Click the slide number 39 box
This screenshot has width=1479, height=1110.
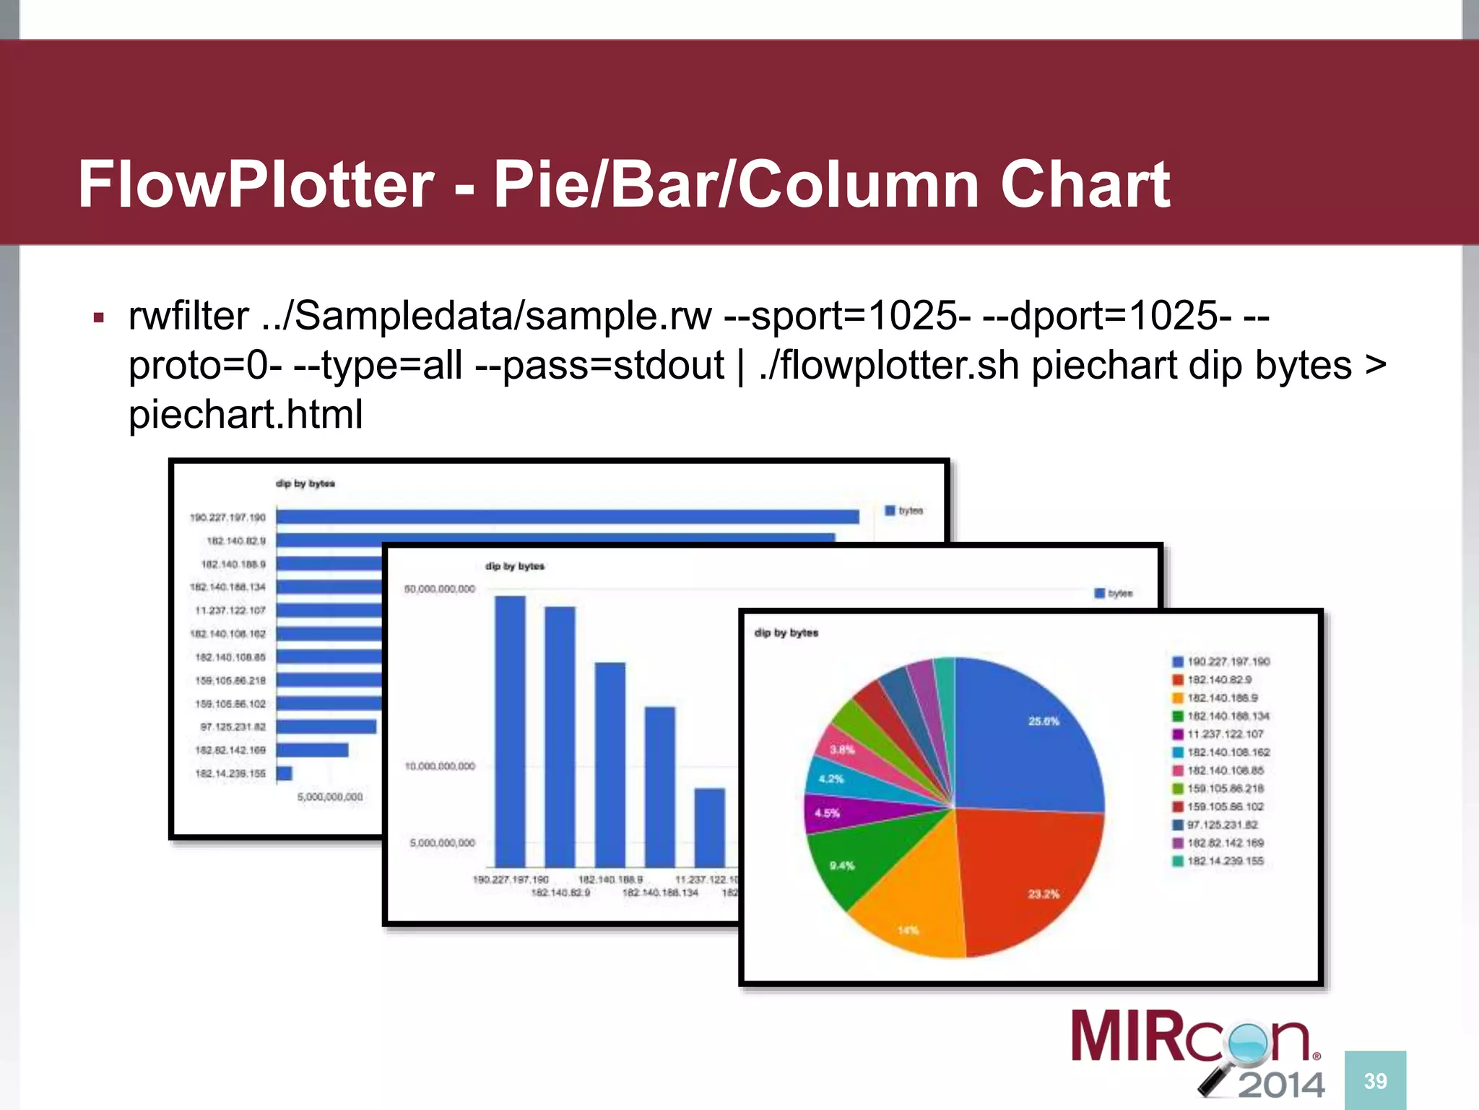[x=1375, y=1080]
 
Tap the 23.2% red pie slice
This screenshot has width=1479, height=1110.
[x=1033, y=882]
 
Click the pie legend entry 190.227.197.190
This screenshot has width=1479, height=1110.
[x=1228, y=661]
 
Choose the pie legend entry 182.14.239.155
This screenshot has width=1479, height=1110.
[x=1225, y=861]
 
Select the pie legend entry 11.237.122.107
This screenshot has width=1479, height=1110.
[x=1225, y=733]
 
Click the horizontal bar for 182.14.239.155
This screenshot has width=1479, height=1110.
[x=285, y=773]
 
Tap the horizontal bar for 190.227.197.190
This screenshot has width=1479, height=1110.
[x=567, y=517]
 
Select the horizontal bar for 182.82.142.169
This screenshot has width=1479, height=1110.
[x=312, y=750]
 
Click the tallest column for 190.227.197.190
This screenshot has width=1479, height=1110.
[x=510, y=730]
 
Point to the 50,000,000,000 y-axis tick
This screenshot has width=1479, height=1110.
[x=440, y=589]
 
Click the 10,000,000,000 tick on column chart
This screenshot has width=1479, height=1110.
[x=440, y=766]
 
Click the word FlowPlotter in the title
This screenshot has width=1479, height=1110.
[x=256, y=184]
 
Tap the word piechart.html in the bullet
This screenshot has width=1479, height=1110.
[x=246, y=414]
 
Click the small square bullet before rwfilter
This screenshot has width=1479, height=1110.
[x=99, y=318]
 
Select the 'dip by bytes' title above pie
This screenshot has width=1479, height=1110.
[x=786, y=632]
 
